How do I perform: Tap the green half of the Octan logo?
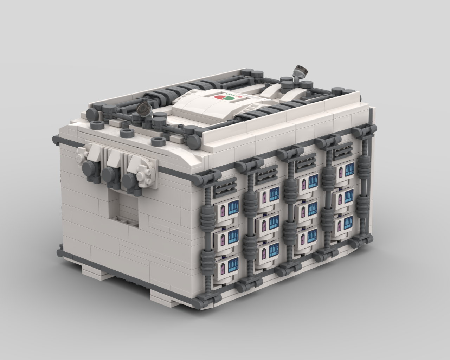pyautogui.click(x=228, y=99)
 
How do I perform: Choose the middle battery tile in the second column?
pyautogui.click(x=267, y=222)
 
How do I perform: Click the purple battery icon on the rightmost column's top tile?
pyautogui.click(x=341, y=172)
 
